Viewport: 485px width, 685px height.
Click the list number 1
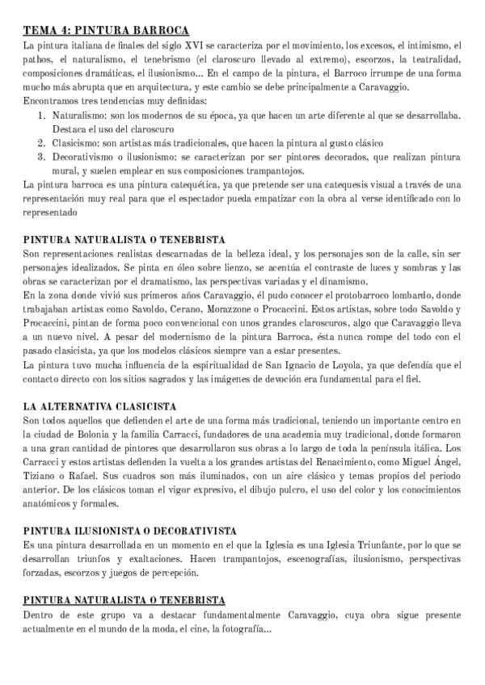(43, 116)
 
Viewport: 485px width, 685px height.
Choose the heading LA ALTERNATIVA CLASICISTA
(101, 406)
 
